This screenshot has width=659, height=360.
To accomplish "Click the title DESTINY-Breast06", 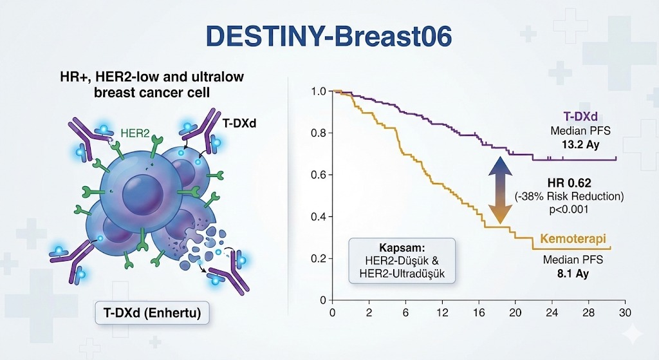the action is (329, 36).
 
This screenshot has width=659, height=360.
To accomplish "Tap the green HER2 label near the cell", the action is (135, 133).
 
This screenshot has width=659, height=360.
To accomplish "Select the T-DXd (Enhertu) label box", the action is (152, 312).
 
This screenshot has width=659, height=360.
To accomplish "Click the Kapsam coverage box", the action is (402, 260).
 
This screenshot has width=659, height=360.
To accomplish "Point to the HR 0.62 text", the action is (569, 183).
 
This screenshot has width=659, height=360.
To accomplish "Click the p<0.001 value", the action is (569, 209).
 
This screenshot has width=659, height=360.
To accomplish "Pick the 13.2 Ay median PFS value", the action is (581, 145).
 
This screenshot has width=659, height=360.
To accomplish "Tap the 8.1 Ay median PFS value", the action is (573, 273).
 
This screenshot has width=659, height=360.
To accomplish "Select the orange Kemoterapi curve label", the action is (573, 239).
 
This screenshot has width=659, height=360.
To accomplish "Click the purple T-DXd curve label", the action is (580, 117).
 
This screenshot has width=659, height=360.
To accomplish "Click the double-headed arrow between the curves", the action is (499, 190).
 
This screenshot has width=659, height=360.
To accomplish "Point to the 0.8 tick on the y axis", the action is (319, 133).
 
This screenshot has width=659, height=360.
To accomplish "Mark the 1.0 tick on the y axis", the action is (319, 91).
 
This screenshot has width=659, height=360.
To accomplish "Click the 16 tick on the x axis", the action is (479, 312).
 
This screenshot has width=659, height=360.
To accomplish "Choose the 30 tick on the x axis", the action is (625, 312).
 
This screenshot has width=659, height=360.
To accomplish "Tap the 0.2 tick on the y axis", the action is (319, 258).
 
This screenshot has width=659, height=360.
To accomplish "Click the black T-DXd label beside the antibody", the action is (239, 123).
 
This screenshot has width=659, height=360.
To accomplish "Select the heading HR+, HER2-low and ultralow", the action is (152, 77).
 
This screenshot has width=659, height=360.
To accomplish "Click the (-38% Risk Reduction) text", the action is (569, 196).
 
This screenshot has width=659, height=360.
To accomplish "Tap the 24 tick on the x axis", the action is (552, 312).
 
